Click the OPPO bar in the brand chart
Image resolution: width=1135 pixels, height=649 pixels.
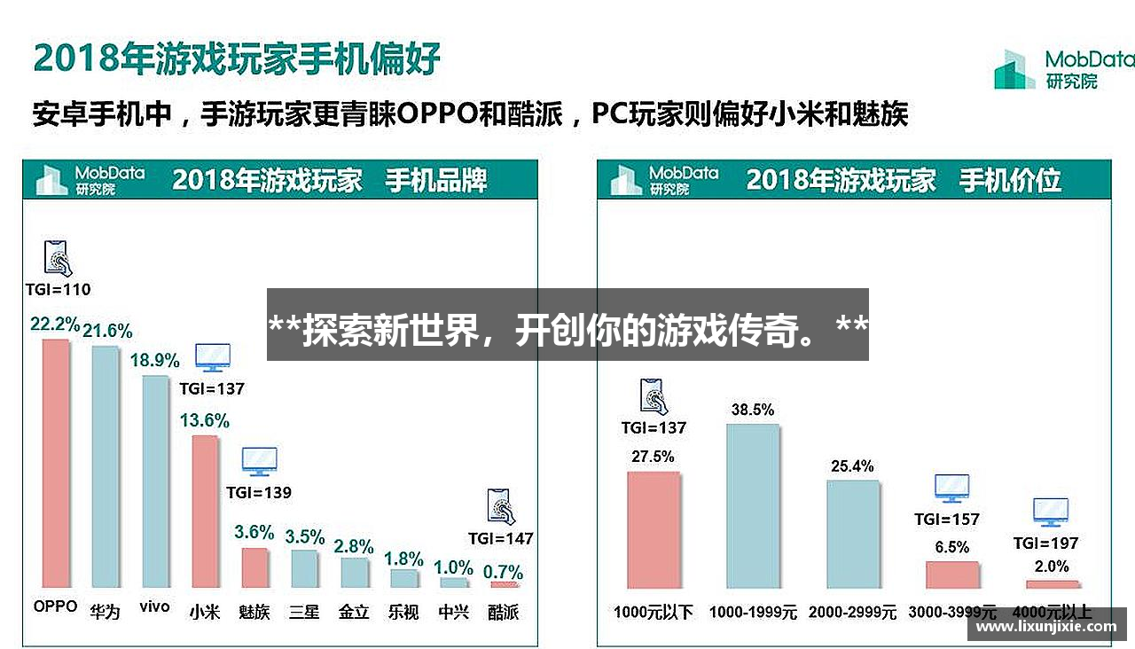coord(55,463)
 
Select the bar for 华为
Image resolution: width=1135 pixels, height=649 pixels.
coord(105,466)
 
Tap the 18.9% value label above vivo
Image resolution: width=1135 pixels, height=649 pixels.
coord(155,361)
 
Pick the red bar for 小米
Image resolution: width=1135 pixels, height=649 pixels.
coord(205,512)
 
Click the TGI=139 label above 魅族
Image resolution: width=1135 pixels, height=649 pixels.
coord(258,492)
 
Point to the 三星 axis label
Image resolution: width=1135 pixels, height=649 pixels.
coord(304,612)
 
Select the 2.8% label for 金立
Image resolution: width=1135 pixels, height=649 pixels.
coord(354,546)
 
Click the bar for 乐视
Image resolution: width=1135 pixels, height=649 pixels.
coord(404,578)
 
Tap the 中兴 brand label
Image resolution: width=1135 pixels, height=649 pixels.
coord(454,612)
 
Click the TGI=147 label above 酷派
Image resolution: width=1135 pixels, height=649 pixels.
coord(501,538)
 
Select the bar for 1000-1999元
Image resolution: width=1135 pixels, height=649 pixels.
coord(753,506)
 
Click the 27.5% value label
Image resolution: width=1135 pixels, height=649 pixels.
coord(654,457)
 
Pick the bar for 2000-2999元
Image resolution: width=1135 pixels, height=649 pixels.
coord(853,535)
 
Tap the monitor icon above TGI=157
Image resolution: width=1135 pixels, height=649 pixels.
coord(951,488)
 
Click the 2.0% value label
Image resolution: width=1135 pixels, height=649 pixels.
coord(1052,567)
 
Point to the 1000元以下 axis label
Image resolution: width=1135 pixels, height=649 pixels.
coord(654,612)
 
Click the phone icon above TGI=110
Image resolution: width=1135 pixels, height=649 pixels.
coord(58,258)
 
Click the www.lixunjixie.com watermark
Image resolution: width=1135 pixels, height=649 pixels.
coord(1046,626)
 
